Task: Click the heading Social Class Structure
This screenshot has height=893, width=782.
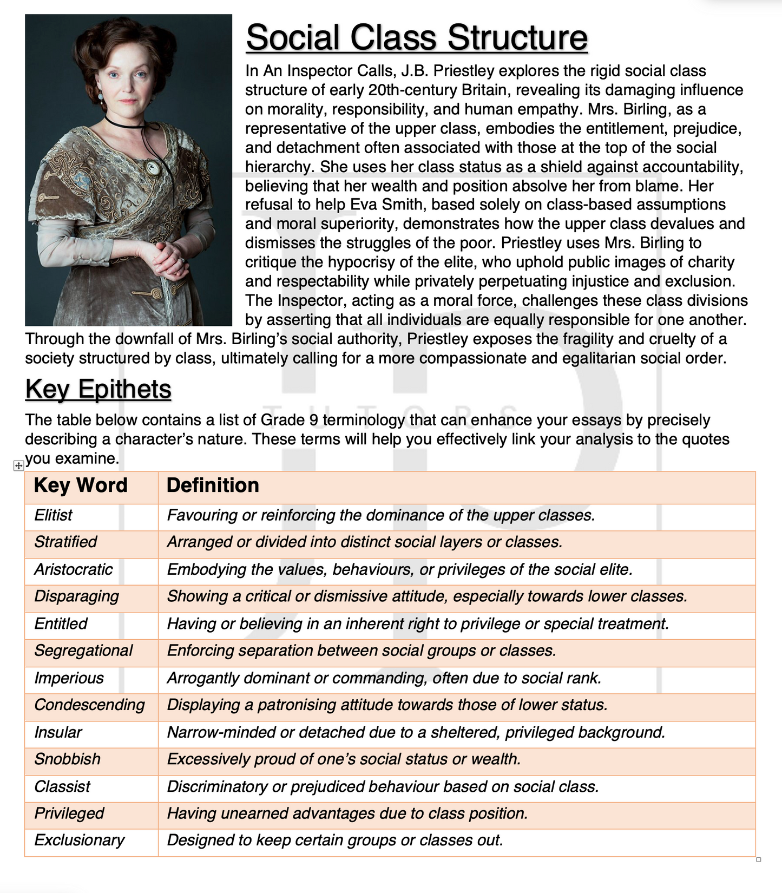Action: [417, 37]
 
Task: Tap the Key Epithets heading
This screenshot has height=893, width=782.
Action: [98, 389]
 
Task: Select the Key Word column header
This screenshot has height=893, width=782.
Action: [81, 485]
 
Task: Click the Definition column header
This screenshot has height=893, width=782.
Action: [213, 485]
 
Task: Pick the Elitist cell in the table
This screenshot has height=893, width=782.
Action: [53, 515]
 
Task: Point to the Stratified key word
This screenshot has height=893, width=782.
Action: [65, 542]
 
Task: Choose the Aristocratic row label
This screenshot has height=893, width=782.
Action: [73, 569]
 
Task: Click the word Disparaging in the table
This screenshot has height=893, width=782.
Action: [76, 596]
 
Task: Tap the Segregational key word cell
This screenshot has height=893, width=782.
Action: [83, 651]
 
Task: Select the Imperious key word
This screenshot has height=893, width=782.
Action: [69, 678]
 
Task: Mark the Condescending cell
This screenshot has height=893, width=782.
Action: [89, 705]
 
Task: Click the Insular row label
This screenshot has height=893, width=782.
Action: [58, 732]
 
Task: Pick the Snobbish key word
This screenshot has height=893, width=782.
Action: [67, 759]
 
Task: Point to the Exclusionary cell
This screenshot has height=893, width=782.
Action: [79, 841]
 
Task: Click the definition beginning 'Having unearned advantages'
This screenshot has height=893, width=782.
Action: [347, 813]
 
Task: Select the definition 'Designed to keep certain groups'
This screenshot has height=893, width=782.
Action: [335, 841]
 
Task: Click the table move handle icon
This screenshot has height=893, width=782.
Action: [18, 465]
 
